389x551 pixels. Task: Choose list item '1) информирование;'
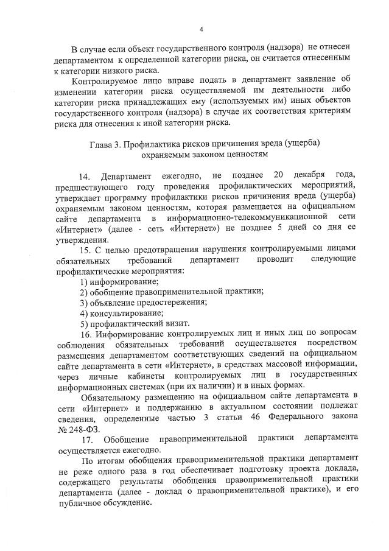tap(119, 281)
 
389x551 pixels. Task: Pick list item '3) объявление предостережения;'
tap(144, 303)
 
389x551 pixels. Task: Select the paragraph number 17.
tap(86, 438)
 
